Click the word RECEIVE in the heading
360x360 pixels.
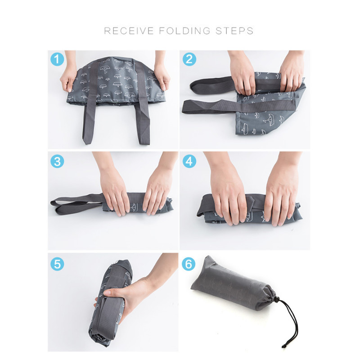click(129, 31)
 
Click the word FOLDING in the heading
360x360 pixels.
click(184, 31)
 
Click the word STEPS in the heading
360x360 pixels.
click(234, 31)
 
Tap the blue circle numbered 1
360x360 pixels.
click(57, 59)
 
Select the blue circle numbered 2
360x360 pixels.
click(189, 59)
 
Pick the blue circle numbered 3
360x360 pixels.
click(57, 161)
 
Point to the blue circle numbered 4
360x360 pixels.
click(189, 161)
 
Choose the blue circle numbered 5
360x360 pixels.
click(57, 264)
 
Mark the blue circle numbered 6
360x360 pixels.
click(189, 264)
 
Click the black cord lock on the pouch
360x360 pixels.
click(277, 299)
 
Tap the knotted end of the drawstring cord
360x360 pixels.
click(283, 346)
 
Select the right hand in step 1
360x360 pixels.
click(162, 73)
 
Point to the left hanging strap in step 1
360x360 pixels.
click(89, 119)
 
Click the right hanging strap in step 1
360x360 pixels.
click(143, 121)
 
